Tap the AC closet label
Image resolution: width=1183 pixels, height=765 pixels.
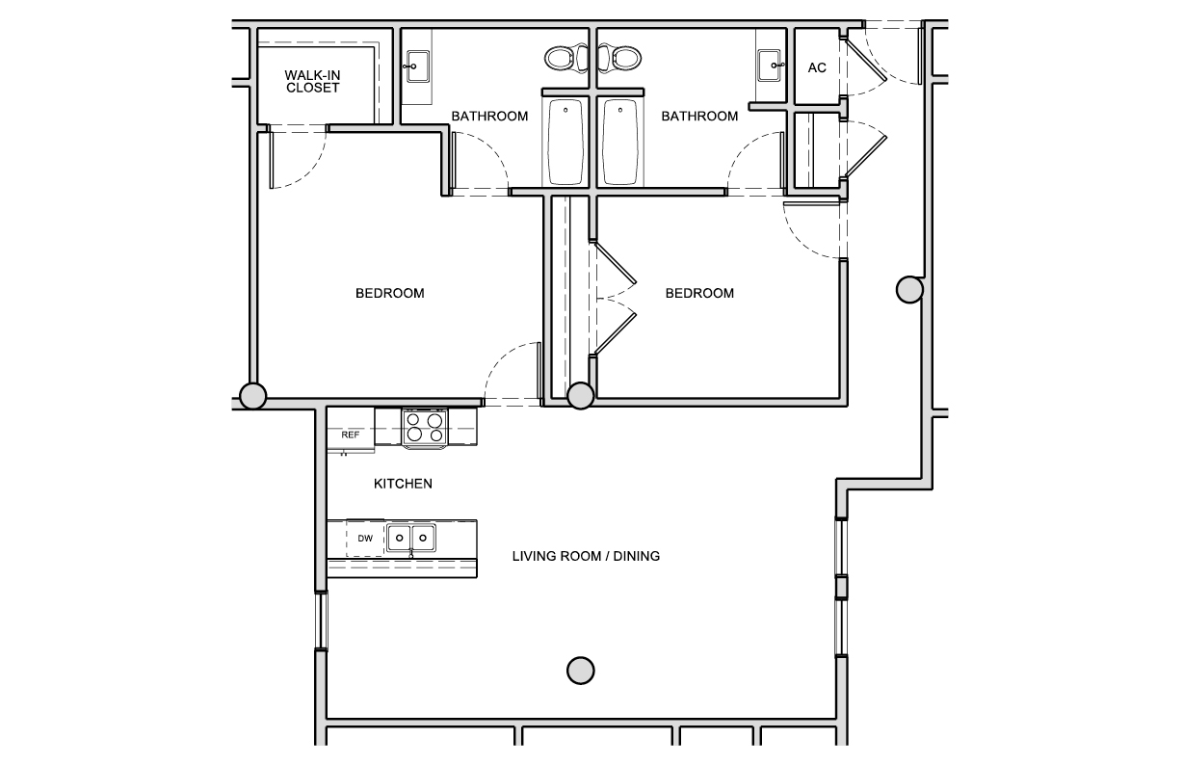click(x=816, y=67)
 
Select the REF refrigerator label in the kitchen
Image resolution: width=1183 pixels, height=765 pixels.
click(x=351, y=435)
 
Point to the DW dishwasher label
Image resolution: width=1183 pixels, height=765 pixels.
click(x=365, y=539)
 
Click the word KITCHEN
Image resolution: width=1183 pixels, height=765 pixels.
click(x=403, y=484)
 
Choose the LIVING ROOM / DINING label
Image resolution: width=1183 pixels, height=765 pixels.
click(x=586, y=556)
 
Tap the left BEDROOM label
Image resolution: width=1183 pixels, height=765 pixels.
click(x=389, y=293)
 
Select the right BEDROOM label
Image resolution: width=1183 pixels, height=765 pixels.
click(x=699, y=293)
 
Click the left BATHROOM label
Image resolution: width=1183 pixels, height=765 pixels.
click(x=489, y=117)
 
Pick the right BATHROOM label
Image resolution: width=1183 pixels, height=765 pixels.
click(x=699, y=117)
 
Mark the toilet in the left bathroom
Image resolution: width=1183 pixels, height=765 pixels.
click(x=564, y=58)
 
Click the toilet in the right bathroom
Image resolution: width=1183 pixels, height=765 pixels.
click(x=623, y=58)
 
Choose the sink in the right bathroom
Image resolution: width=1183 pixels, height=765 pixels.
click(x=771, y=66)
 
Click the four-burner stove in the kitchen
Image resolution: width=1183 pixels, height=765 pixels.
click(x=425, y=427)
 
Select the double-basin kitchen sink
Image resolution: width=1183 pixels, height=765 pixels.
click(x=411, y=538)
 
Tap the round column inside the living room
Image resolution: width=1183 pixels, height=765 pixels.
click(x=580, y=670)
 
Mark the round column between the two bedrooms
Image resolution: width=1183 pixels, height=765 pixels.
click(x=581, y=395)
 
